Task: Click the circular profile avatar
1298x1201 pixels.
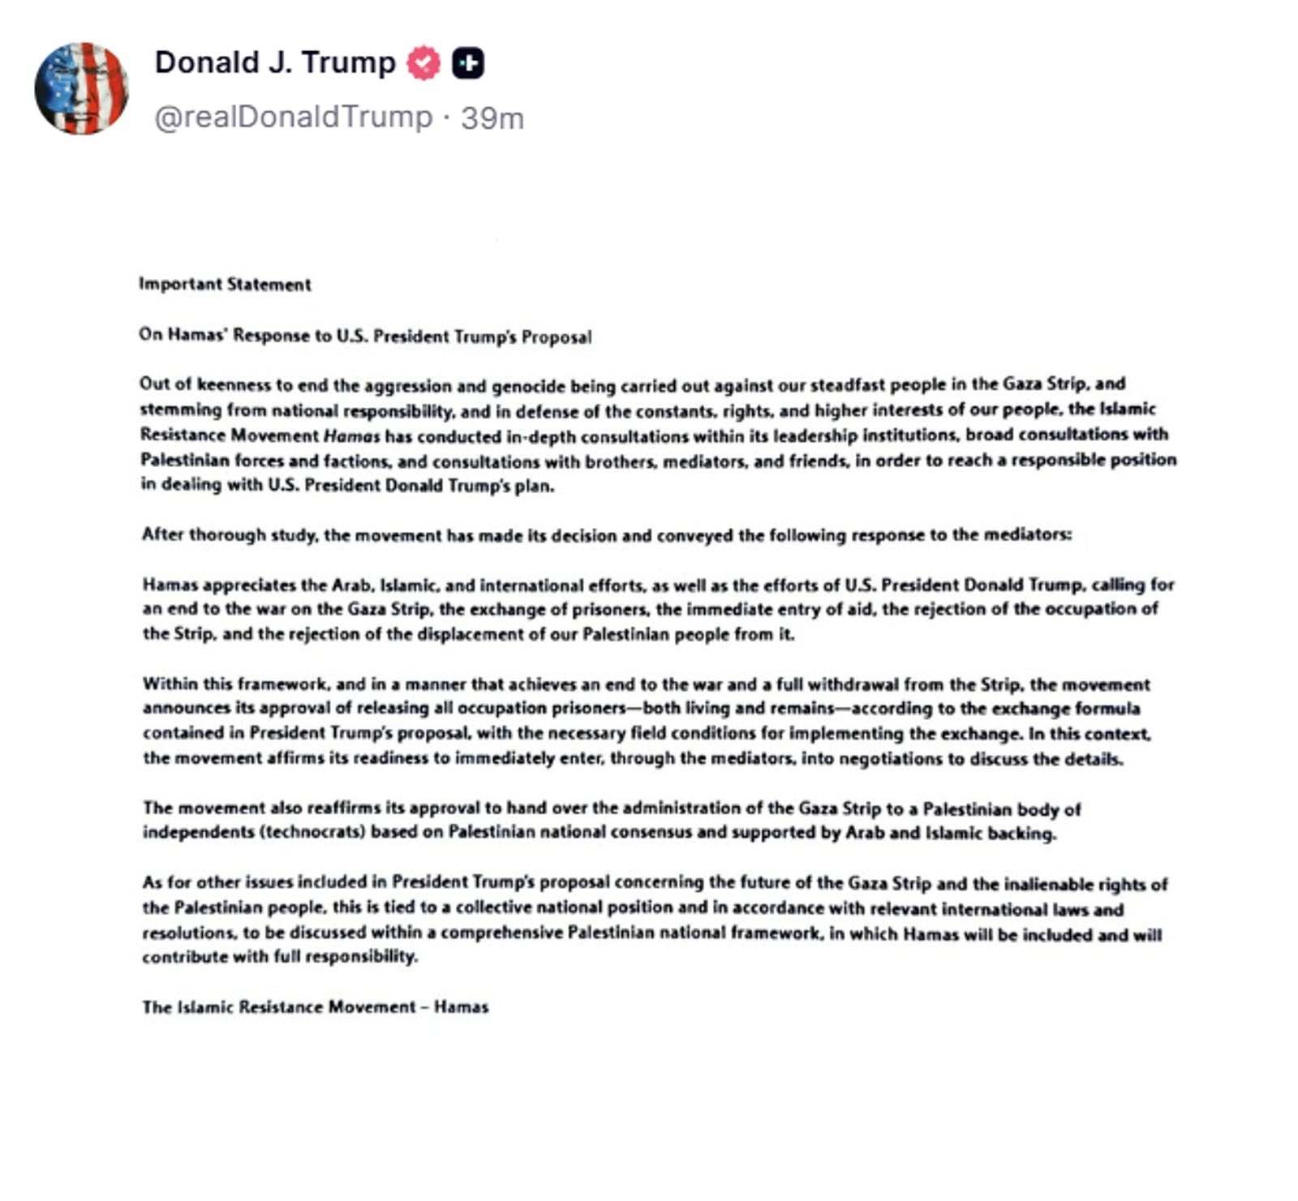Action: (x=81, y=88)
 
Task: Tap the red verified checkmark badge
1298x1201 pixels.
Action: (x=423, y=63)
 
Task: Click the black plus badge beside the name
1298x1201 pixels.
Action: (x=468, y=63)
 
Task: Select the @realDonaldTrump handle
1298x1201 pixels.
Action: (x=293, y=118)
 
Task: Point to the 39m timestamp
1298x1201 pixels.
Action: (x=492, y=118)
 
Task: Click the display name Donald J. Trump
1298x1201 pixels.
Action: (x=275, y=62)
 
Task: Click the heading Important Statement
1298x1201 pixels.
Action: (x=225, y=284)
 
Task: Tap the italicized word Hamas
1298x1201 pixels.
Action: (x=351, y=436)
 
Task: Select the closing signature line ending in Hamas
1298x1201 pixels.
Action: (x=315, y=1007)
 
